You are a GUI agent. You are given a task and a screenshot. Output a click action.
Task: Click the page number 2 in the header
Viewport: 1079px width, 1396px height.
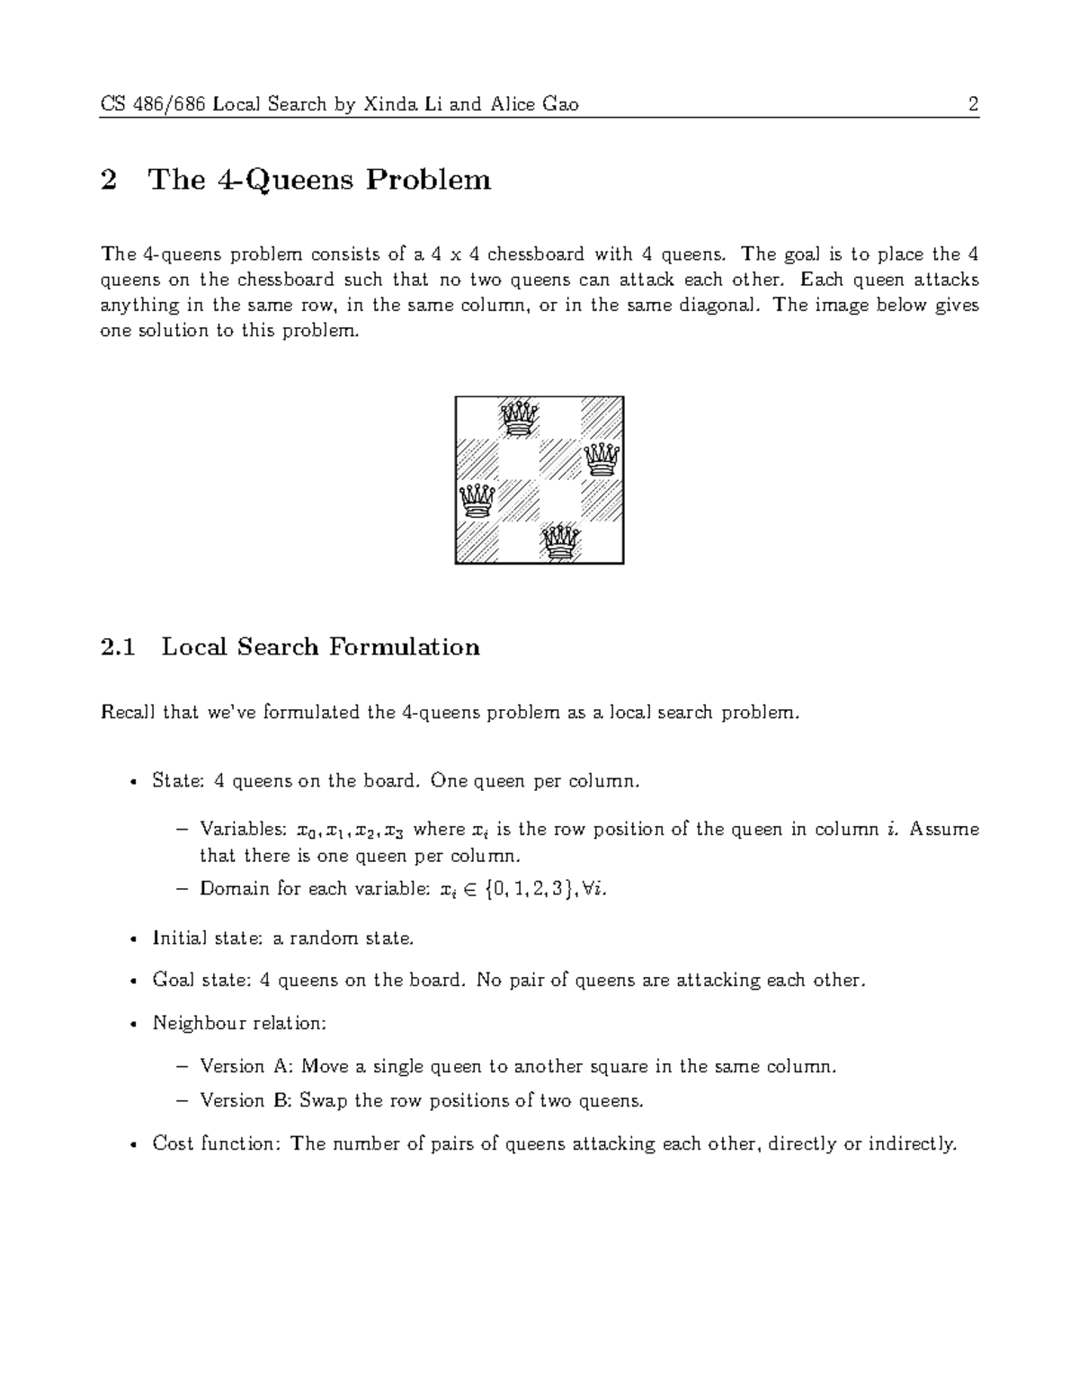click(973, 105)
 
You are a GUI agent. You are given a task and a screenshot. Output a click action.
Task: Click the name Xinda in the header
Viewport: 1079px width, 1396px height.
click(384, 105)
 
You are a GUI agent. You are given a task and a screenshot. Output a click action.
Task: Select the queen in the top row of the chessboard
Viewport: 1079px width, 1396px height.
click(519, 418)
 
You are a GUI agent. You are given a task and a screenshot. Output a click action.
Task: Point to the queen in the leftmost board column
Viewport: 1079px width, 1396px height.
click(477, 501)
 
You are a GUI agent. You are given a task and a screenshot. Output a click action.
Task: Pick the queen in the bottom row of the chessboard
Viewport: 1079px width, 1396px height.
click(560, 542)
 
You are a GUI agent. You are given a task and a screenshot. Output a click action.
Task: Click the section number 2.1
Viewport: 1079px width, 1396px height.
click(118, 647)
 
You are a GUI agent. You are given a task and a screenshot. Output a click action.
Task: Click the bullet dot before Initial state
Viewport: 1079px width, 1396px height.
click(133, 939)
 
